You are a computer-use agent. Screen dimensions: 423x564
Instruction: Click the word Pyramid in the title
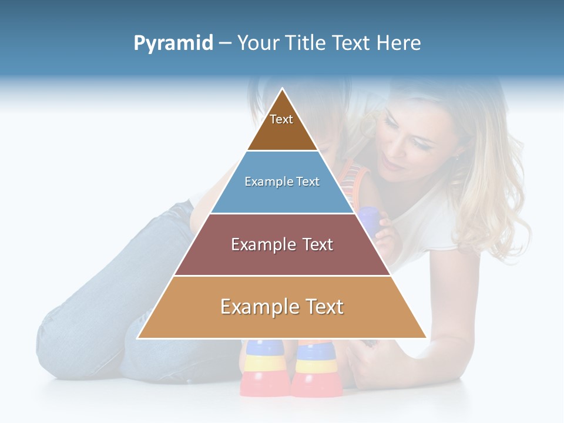pyautogui.click(x=173, y=43)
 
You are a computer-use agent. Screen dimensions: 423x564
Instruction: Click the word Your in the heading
pyautogui.click(x=258, y=43)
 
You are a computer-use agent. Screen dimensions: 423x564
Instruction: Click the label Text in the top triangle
pyautogui.click(x=281, y=119)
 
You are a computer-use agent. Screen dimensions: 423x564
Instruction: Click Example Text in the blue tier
pyautogui.click(x=282, y=182)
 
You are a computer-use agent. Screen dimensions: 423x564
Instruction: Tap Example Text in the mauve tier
pyautogui.click(x=282, y=244)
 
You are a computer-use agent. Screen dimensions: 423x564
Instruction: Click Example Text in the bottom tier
pyautogui.click(x=282, y=307)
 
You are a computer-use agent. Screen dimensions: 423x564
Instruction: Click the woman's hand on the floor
pyautogui.click(x=364, y=364)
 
